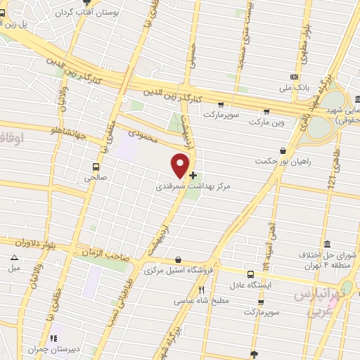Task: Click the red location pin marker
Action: tap(181, 165)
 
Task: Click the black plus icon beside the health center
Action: tap(193, 174)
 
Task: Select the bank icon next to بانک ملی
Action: tap(294, 77)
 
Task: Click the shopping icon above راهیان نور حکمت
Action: tap(283, 150)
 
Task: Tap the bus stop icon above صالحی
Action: tap(96, 167)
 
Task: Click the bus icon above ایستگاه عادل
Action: tap(250, 274)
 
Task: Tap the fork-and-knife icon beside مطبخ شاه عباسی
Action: tap(201, 290)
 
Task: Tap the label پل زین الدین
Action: tap(21, 24)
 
